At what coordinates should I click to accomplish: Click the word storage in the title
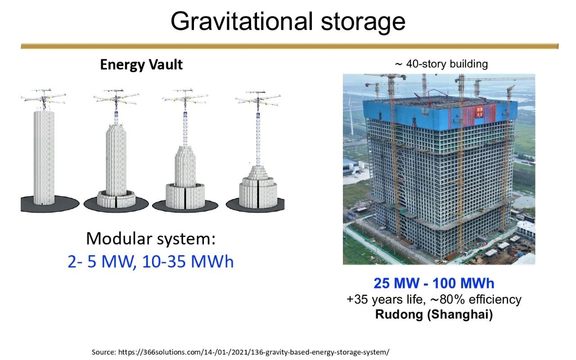[363, 22]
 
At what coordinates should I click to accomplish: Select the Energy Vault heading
[141, 65]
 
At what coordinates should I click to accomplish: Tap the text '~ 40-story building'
[441, 64]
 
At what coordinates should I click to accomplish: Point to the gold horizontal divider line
[289, 46]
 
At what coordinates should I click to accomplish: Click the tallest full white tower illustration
[44, 157]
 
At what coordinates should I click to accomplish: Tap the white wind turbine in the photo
[351, 116]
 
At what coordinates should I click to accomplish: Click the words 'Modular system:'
[151, 239]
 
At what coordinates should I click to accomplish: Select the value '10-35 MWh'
[188, 262]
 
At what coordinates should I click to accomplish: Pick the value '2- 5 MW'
[100, 262]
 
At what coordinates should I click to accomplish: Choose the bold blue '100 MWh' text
[463, 283]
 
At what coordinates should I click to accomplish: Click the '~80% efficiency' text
[476, 300]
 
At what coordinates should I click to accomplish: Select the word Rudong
[399, 315]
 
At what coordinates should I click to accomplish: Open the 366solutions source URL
[254, 352]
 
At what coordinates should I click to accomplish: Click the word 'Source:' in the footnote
[104, 352]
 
